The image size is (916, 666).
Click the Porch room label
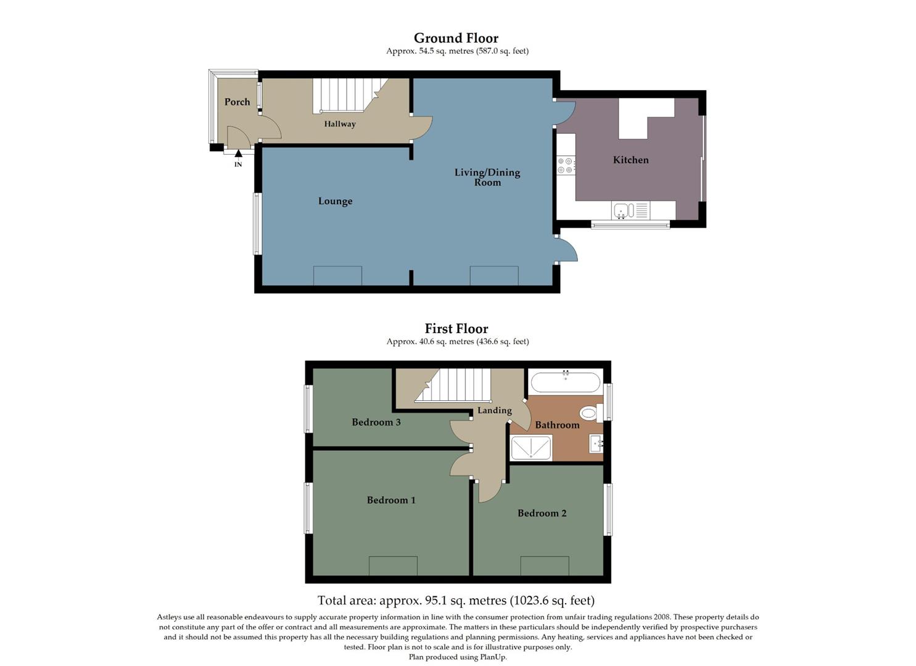(237, 102)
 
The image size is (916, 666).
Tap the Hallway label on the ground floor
(340, 124)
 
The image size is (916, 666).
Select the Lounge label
(335, 201)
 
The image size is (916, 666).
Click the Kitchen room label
(630, 160)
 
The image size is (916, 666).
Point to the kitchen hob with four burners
(566, 165)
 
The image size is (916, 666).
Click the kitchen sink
(622, 211)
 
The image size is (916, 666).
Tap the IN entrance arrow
(238, 154)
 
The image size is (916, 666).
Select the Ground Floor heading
(456, 38)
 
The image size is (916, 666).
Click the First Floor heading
(456, 329)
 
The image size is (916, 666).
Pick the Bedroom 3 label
(376, 422)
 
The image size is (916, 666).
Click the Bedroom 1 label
(391, 500)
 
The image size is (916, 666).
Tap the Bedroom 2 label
(542, 513)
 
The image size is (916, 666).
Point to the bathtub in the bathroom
(565, 382)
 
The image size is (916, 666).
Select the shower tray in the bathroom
(531, 448)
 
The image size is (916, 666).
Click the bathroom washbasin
(596, 443)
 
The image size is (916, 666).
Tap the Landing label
(494, 411)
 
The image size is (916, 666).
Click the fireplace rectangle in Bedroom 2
(545, 566)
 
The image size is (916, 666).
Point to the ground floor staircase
(345, 95)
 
